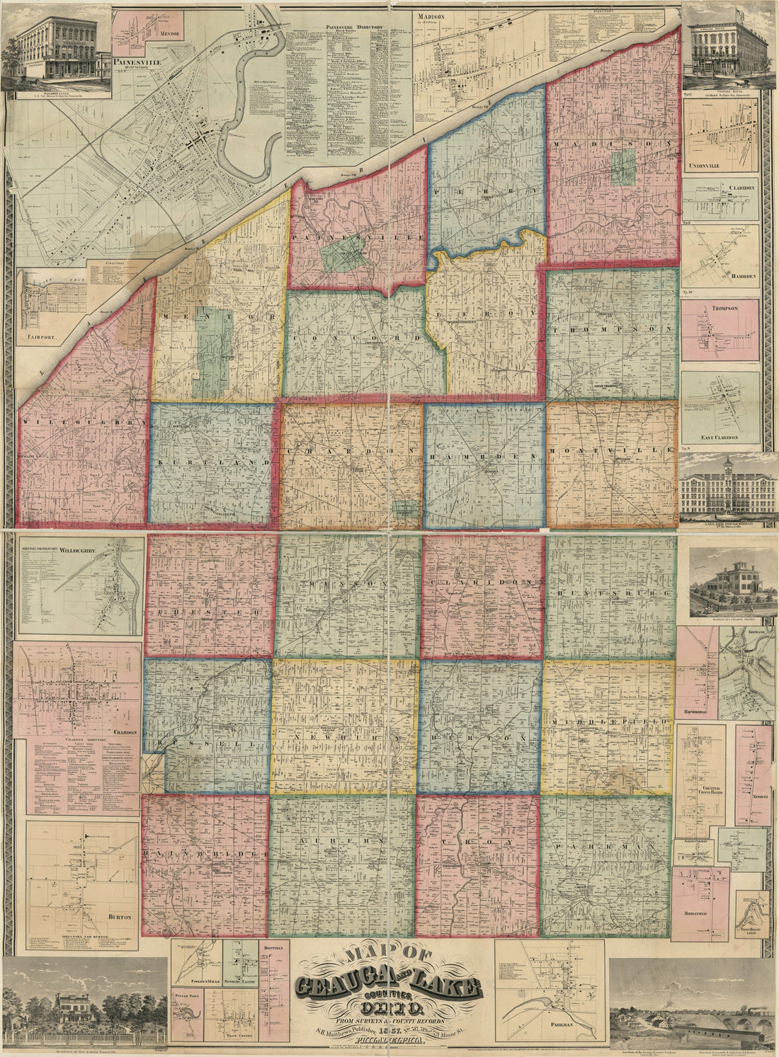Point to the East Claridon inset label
(718, 438)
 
